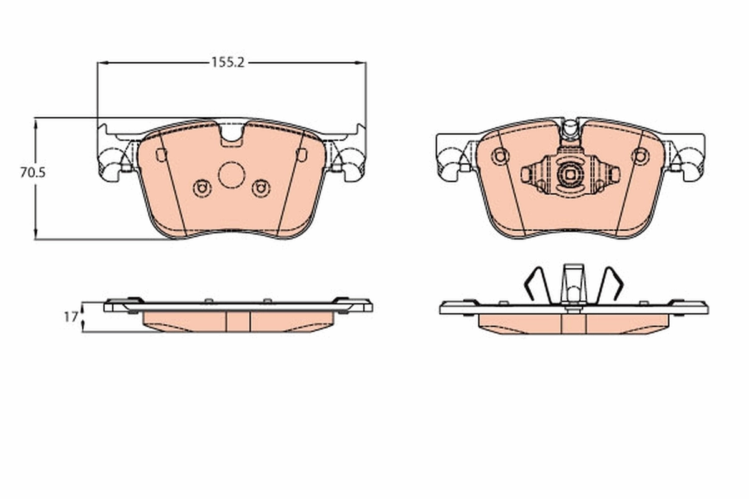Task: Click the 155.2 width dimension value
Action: (227, 62)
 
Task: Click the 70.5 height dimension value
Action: (32, 173)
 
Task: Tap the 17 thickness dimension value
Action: (71, 317)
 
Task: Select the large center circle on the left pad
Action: (232, 175)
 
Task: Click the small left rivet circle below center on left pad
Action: (202, 187)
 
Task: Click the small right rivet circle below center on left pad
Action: (261, 187)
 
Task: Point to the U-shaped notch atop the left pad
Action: (232, 134)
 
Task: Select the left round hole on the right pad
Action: (500, 156)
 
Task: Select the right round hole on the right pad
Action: (640, 156)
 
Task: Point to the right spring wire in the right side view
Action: (609, 284)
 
